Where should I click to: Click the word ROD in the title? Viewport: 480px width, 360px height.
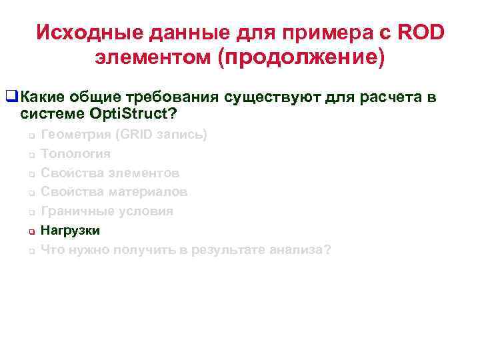coord(422,32)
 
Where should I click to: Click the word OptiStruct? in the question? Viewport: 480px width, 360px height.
coord(133,114)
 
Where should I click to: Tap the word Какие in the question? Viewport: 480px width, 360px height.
coord(41,98)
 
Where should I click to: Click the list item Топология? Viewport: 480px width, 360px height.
coord(75,153)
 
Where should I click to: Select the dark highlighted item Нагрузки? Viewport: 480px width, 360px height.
coord(70,231)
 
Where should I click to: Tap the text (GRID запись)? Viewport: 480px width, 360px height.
coord(161,134)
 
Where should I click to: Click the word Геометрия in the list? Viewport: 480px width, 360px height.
coord(76,134)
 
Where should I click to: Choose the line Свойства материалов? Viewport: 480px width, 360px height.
coord(114,192)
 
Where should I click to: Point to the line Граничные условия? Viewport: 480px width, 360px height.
coord(107,211)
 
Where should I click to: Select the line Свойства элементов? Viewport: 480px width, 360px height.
coord(110,173)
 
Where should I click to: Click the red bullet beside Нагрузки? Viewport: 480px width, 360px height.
coord(31,231)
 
